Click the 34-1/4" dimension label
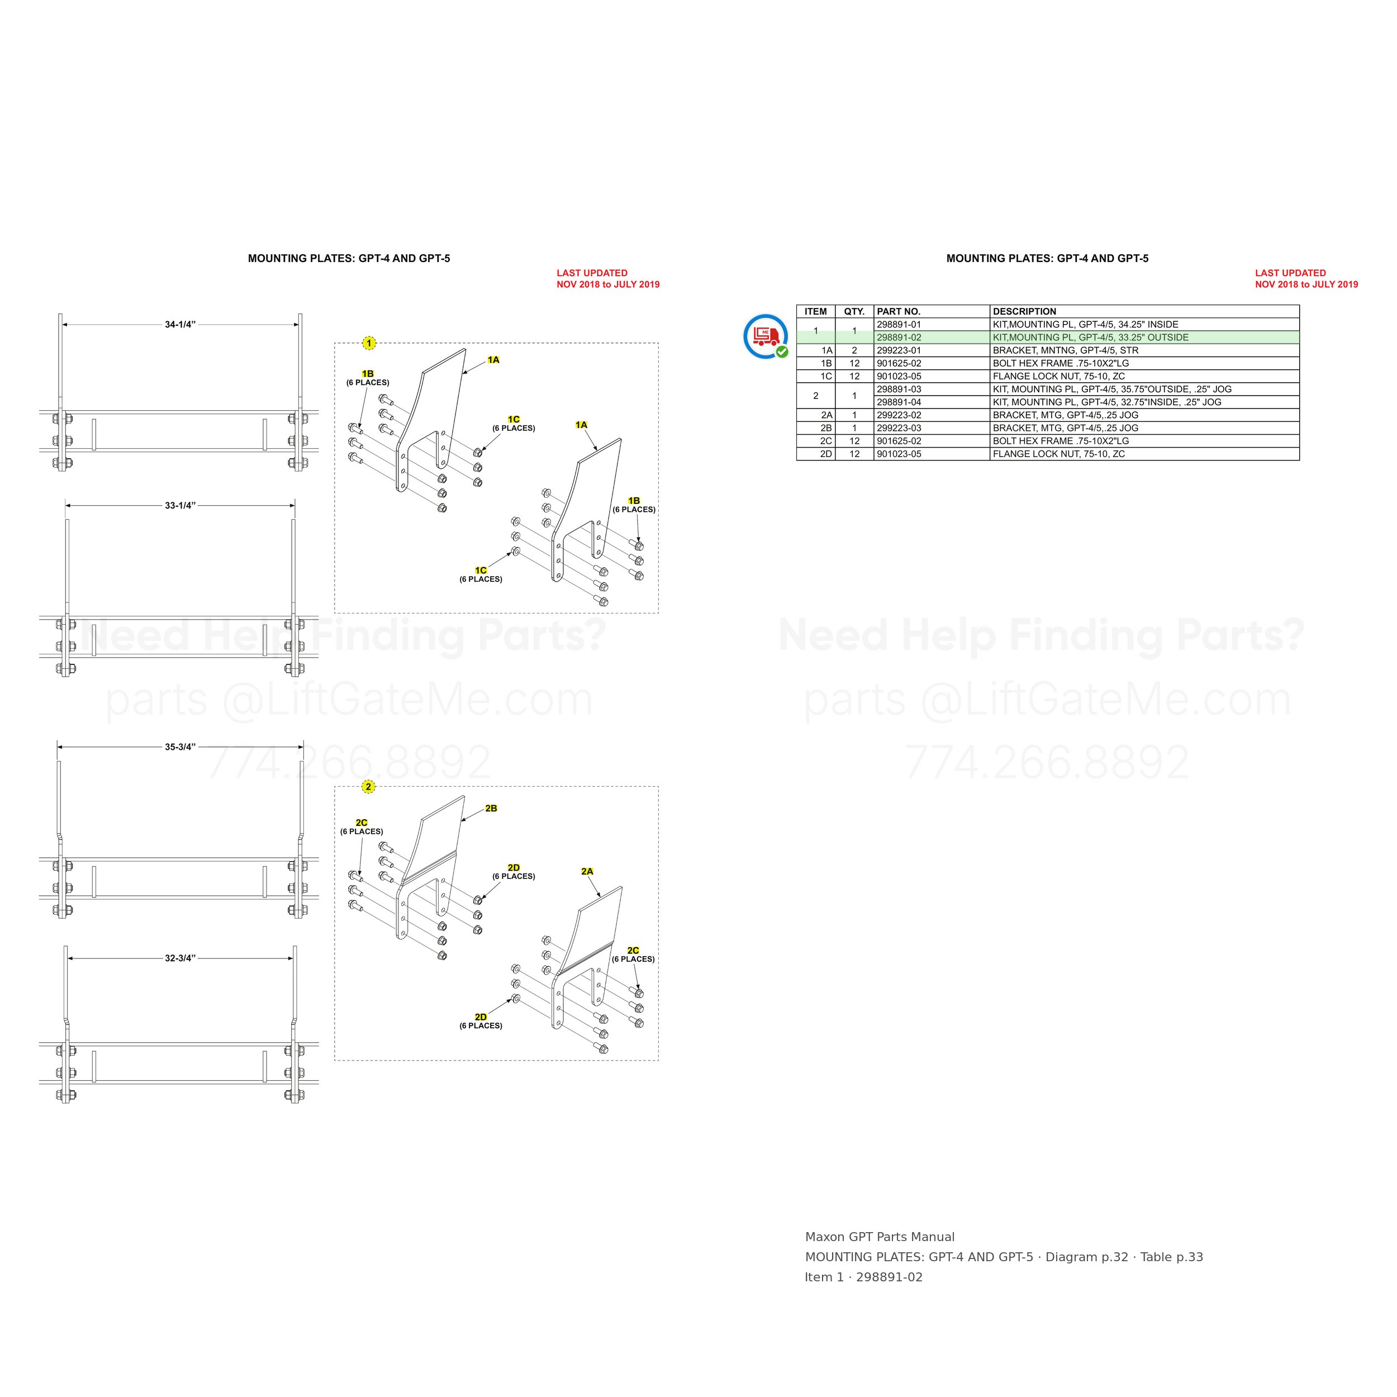pyautogui.click(x=180, y=325)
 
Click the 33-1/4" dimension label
pyautogui.click(x=180, y=506)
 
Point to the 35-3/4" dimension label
pyautogui.click(x=180, y=747)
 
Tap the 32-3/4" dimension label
pyautogui.click(x=180, y=958)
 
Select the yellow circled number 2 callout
pyautogui.click(x=369, y=787)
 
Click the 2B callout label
pyautogui.click(x=491, y=809)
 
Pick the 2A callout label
pyautogui.click(x=587, y=871)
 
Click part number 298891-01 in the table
pyautogui.click(x=899, y=325)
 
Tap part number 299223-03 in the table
pyautogui.click(x=899, y=428)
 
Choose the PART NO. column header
pyautogui.click(x=899, y=312)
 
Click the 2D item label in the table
pyautogui.click(x=826, y=454)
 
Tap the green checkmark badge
pyautogui.click(x=782, y=352)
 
